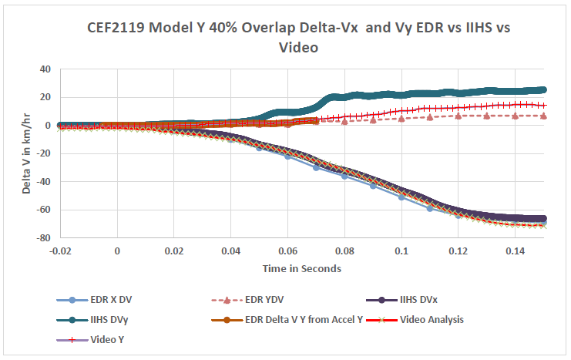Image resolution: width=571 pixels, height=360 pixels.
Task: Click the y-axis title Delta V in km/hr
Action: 26,153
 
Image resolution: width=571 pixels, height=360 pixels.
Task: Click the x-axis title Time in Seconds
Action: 302,268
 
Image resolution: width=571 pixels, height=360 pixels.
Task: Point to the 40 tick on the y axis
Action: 44,69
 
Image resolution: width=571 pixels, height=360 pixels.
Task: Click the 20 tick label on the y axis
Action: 44,97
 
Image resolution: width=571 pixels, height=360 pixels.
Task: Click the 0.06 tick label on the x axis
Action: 287,251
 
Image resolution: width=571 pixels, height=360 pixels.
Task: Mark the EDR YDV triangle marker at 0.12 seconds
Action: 458,116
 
